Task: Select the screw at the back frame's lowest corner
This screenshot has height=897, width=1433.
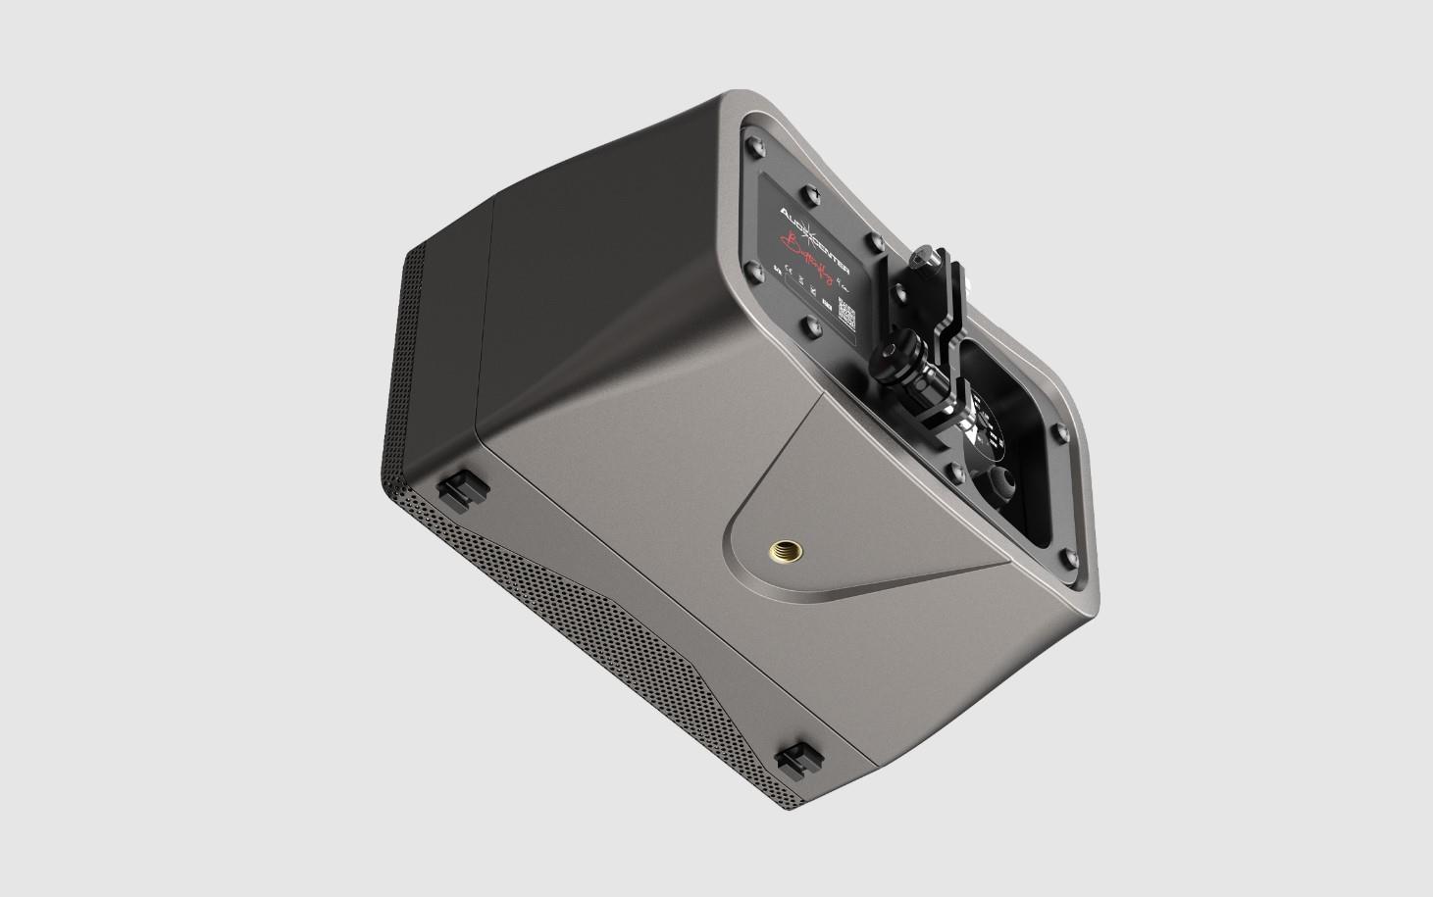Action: tap(1070, 562)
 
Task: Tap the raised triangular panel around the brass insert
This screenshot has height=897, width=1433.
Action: tap(844, 529)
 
